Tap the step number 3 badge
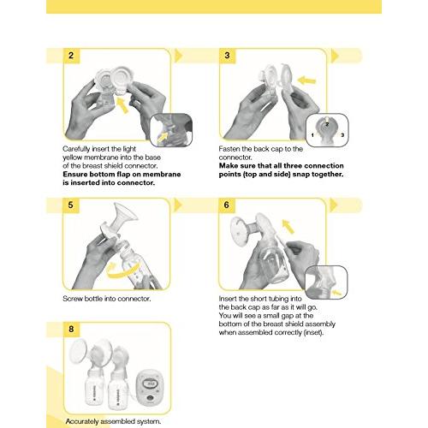(227, 56)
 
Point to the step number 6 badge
(227, 205)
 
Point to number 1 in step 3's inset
(313, 135)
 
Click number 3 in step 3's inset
(343, 135)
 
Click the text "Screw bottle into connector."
(106, 299)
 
